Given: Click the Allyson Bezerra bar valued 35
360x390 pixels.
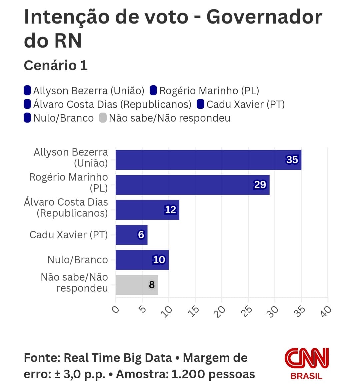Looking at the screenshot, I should (x=208, y=160).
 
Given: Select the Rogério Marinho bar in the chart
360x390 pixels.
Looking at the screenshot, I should (x=192, y=185).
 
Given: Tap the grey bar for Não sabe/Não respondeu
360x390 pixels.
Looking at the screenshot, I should (x=137, y=285).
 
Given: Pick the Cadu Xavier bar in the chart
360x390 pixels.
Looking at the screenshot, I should (x=131, y=235).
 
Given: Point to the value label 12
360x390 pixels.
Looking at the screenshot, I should (x=170, y=210).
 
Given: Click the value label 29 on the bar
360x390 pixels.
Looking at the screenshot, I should (x=260, y=185).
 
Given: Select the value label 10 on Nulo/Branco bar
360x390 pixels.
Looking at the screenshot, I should (x=159, y=260).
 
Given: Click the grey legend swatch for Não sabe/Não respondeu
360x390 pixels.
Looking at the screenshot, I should (x=103, y=118).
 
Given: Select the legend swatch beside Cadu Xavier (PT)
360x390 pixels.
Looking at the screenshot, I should (x=200, y=104).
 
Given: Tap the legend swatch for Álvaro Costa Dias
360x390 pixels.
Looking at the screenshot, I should (x=27, y=104).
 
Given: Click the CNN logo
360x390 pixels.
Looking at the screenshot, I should (x=306, y=359).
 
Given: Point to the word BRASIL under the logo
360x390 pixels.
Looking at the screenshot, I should (x=306, y=376).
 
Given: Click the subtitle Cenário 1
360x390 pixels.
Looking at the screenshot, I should (x=56, y=65).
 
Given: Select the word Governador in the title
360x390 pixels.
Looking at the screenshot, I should (x=264, y=17).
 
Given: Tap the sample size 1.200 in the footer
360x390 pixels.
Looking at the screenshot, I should (x=188, y=374).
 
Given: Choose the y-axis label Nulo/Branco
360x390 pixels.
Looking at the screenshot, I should (x=78, y=260).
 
